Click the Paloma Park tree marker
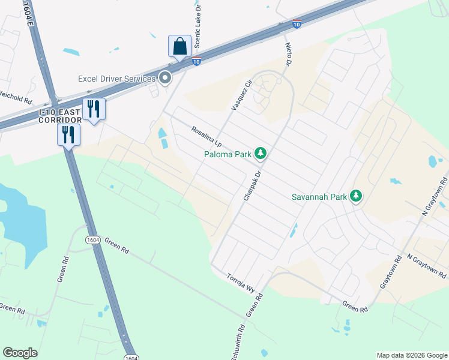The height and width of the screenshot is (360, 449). (x=261, y=154)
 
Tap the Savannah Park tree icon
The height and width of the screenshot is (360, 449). (x=356, y=196)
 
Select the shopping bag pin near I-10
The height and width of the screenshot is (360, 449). (x=179, y=45)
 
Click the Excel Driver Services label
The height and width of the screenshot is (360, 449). (x=116, y=79)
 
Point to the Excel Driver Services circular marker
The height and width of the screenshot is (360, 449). (x=165, y=78)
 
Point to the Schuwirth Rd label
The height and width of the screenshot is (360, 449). (x=237, y=343)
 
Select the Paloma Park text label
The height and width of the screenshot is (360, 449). (x=226, y=154)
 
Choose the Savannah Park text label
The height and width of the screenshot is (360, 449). (x=319, y=196)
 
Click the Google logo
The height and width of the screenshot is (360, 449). (x=20, y=353)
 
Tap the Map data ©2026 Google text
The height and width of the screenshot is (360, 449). (x=411, y=355)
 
